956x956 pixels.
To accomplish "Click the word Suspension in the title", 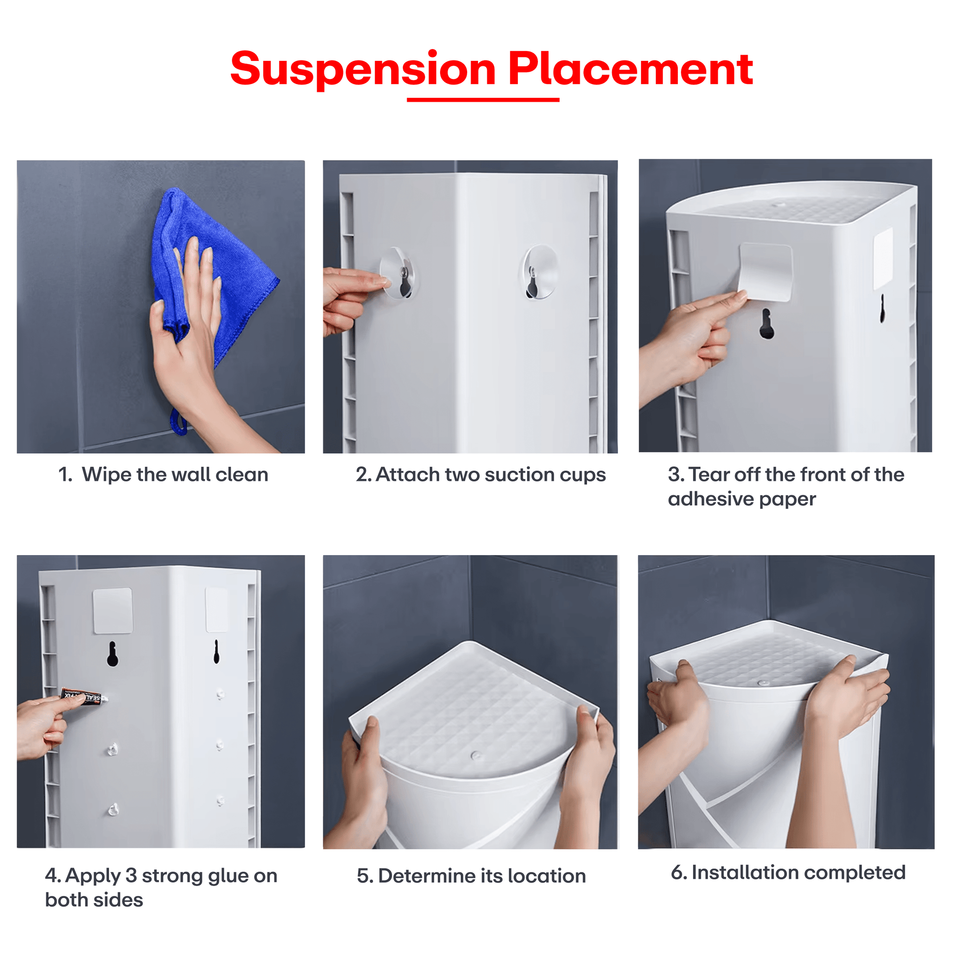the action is click(x=363, y=70).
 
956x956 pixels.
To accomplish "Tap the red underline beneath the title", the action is click(x=483, y=100).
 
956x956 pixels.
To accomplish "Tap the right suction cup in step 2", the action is click(x=540, y=272).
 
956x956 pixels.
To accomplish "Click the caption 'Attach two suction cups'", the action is click(x=491, y=475).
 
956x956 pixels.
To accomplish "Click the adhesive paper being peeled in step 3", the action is click(x=765, y=272).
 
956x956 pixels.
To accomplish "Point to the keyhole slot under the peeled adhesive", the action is click(x=766, y=324).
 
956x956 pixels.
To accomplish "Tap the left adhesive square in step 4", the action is click(x=113, y=611).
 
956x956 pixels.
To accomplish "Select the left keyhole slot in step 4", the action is click(x=113, y=654).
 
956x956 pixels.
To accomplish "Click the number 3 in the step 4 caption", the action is click(x=131, y=876).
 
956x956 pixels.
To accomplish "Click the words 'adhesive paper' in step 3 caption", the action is click(x=742, y=499).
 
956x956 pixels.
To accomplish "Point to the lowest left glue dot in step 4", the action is click(x=113, y=810).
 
